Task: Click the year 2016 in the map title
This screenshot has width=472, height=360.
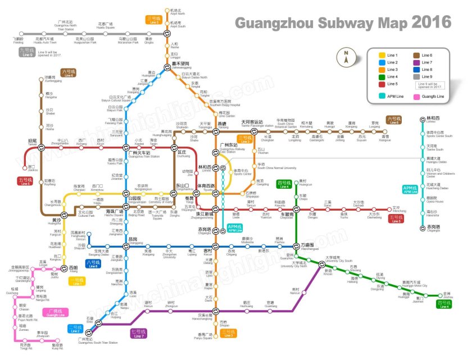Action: [x=431, y=22]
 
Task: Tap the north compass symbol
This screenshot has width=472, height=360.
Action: [x=346, y=57]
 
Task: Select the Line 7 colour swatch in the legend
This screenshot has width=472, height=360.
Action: [x=417, y=62]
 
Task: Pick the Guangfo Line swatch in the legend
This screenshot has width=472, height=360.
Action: [x=417, y=97]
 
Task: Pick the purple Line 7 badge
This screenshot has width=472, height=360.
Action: [x=138, y=334]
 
